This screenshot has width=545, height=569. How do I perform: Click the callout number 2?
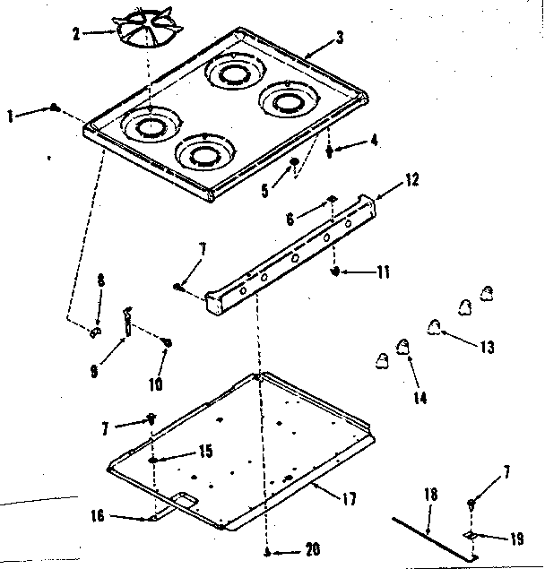coord(77,34)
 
